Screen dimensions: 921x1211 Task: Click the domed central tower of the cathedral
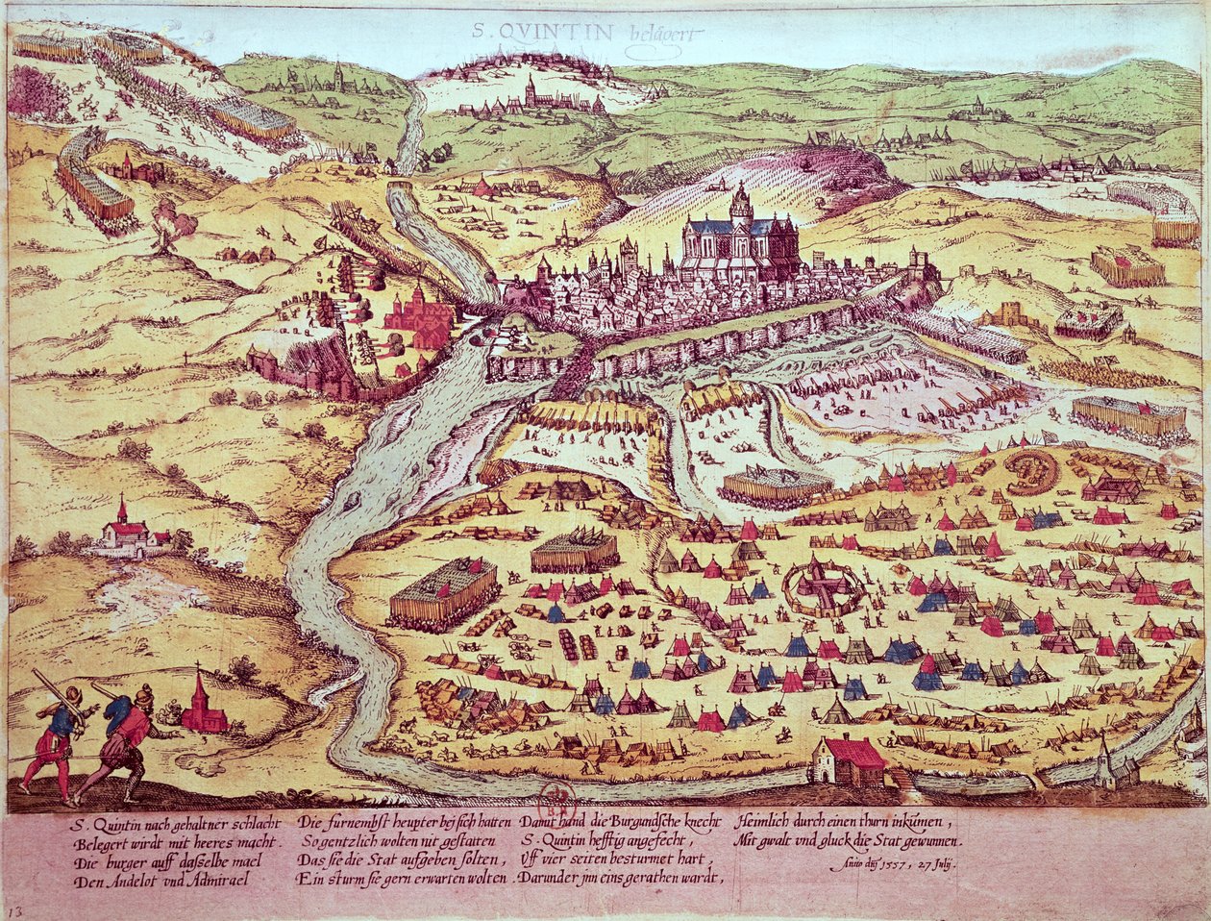tap(740, 205)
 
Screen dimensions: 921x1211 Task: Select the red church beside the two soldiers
tap(202, 707)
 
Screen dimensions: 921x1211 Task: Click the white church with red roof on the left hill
tap(126, 532)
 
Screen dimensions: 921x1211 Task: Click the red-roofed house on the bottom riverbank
tap(849, 759)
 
